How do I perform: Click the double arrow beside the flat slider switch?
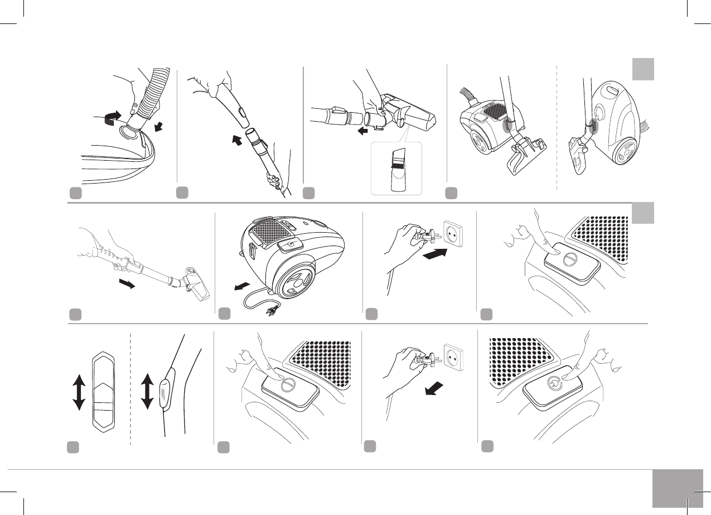coord(79,392)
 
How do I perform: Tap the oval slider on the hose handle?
coord(165,392)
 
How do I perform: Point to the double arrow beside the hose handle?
coord(147,392)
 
